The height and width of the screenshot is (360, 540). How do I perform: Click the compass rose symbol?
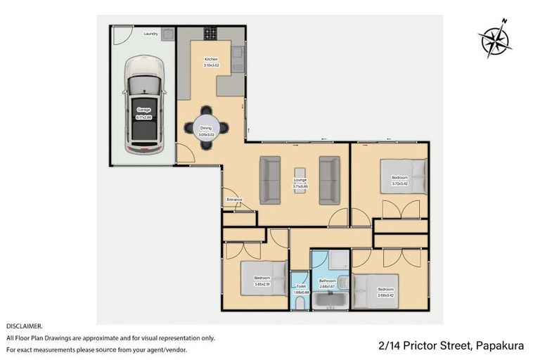[x=496, y=39]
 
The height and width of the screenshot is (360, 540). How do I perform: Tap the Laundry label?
[x=150, y=33]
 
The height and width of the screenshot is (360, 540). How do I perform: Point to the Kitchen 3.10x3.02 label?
[x=211, y=62]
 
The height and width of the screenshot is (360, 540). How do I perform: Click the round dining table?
[x=206, y=127]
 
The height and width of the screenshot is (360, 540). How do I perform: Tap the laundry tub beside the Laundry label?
[x=167, y=33]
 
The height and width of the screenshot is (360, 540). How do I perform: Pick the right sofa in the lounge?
[x=329, y=181]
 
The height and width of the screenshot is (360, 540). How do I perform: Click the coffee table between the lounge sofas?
[x=300, y=181]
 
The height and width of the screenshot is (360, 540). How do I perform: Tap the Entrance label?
[x=234, y=200]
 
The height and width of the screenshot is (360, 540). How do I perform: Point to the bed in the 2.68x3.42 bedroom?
[x=375, y=290]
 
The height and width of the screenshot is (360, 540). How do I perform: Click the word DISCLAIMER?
[x=24, y=326]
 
